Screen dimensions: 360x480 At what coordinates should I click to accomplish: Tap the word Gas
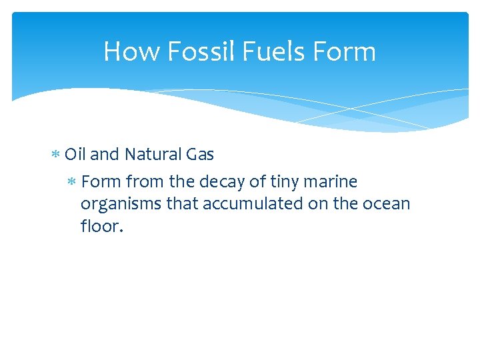pyautogui.click(x=200, y=155)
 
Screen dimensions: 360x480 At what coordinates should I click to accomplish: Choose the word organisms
pyautogui.click(x=121, y=204)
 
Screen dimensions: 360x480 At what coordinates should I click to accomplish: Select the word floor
pyautogui.click(x=101, y=225)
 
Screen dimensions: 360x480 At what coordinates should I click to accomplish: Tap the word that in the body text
pyautogui.click(x=182, y=203)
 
